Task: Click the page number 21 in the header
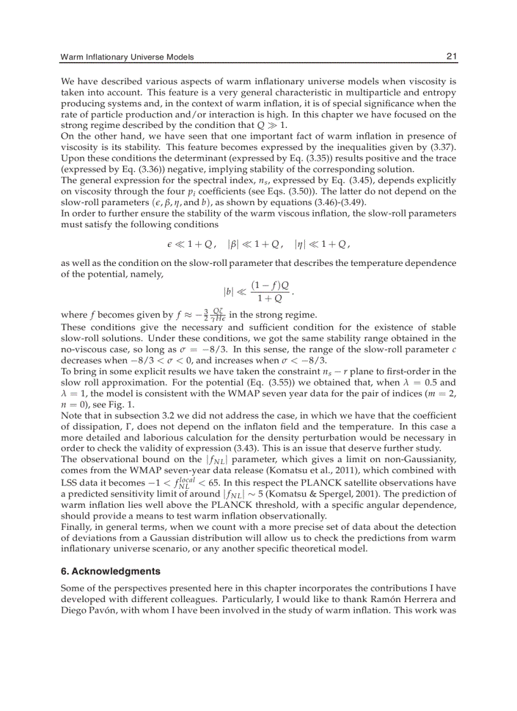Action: tap(451, 57)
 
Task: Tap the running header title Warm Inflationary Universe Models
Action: tap(127, 58)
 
